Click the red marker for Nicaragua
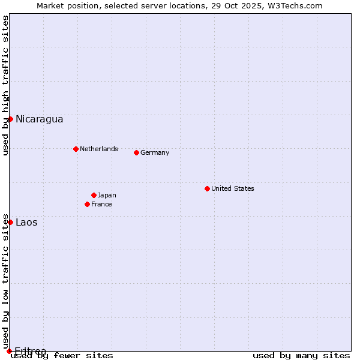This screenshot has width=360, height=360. (x=10, y=119)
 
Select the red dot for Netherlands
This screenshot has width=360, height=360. (x=76, y=149)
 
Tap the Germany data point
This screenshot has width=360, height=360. (x=136, y=152)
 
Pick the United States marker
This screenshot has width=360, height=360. (x=207, y=188)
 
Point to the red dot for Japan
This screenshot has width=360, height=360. (x=94, y=195)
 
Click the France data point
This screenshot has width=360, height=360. (x=87, y=204)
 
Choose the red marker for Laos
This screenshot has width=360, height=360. (x=10, y=222)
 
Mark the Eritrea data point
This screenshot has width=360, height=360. (x=9, y=351)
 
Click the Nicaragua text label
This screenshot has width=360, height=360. (x=39, y=119)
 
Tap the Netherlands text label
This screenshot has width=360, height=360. (x=98, y=149)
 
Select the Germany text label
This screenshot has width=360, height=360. (x=155, y=152)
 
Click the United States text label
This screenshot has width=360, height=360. (x=232, y=188)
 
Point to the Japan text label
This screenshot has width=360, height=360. (x=107, y=195)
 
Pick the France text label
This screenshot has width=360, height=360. (x=101, y=204)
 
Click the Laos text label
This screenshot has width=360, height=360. (x=26, y=222)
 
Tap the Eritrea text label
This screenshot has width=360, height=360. (x=30, y=351)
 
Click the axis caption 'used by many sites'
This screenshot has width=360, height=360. (x=301, y=356)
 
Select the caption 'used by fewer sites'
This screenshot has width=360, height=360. (x=62, y=356)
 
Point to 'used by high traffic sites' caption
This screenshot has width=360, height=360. (x=6, y=85)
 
